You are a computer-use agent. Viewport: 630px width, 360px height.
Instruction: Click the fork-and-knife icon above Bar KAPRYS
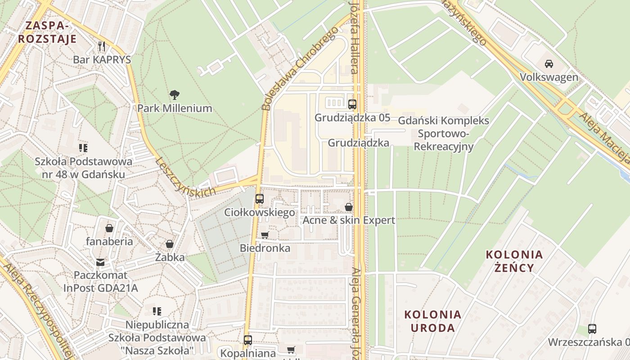coord(102,46)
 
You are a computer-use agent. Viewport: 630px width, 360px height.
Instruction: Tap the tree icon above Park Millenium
coord(175,95)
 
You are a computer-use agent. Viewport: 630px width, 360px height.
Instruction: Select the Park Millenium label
coord(175,108)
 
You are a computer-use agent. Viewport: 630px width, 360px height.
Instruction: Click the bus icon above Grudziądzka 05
coord(352,104)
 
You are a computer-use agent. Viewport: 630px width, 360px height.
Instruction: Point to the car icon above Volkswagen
coord(549,64)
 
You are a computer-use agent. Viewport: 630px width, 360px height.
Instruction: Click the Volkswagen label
coord(549,77)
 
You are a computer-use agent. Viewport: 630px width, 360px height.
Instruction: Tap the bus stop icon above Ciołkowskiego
coord(260,199)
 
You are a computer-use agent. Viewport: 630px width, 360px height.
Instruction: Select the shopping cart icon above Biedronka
coord(265,235)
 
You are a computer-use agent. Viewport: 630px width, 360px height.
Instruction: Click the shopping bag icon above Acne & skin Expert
coord(349,207)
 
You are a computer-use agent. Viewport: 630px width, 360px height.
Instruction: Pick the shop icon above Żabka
coord(170,244)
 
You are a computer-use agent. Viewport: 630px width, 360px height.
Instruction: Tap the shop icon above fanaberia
coord(109,228)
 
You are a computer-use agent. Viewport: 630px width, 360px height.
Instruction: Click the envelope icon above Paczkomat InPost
coord(100,262)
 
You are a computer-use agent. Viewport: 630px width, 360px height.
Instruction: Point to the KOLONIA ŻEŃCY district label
coord(514,261)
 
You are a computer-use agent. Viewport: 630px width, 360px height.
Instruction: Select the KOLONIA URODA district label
coord(432,321)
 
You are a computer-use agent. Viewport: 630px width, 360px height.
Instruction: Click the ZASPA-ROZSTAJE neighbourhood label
coord(47,32)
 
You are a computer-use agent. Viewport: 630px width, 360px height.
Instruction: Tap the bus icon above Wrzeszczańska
coord(592,329)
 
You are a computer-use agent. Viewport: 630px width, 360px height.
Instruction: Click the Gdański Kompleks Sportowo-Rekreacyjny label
coord(444,134)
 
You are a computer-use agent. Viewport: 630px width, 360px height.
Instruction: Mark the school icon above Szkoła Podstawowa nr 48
coord(83,148)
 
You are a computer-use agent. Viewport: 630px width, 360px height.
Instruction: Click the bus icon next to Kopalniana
coord(248,340)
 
